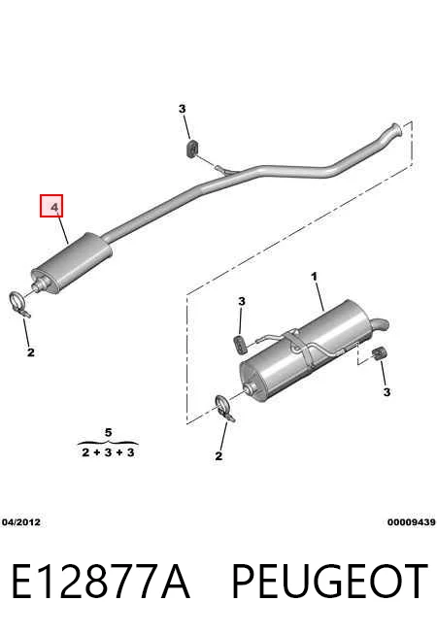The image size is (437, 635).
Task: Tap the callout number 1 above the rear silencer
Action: [x=314, y=277]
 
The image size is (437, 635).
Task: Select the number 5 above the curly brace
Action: [x=108, y=432]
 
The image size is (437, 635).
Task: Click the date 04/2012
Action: [x=21, y=522]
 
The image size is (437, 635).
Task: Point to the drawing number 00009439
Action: [x=412, y=522]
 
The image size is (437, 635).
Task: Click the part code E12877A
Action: [x=100, y=582]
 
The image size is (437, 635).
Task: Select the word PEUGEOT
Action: [x=329, y=582]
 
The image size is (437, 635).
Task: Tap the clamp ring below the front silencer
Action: [x=19, y=303]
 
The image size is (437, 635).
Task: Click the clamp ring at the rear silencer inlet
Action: [x=224, y=408]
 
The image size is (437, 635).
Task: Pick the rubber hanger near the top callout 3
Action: [x=193, y=148]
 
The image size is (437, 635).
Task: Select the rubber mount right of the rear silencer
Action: [x=380, y=353]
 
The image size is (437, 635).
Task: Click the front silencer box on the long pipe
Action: [x=72, y=262]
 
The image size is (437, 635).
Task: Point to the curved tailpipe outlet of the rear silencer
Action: [x=380, y=323]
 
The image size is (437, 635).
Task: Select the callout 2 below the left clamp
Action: [x=31, y=352]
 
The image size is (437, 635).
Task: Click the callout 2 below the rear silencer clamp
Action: [x=218, y=456]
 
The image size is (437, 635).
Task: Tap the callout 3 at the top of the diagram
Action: [x=183, y=109]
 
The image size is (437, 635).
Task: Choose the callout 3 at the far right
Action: [x=387, y=392]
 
